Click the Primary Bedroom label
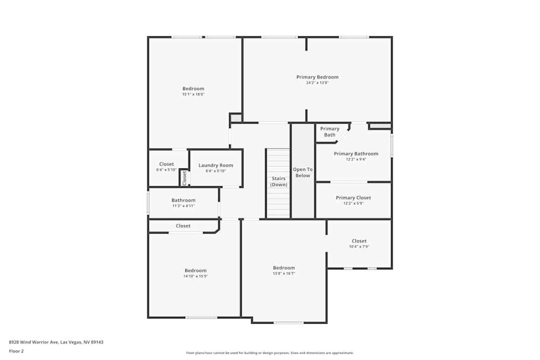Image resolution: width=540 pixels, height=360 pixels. point(318,77)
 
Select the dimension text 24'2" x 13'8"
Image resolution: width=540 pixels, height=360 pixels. point(318,83)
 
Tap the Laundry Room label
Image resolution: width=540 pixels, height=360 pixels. point(215,165)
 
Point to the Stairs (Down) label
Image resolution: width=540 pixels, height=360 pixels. point(279,181)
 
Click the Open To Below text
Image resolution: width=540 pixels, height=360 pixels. point(302,172)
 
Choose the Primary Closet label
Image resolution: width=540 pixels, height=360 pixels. point(353,198)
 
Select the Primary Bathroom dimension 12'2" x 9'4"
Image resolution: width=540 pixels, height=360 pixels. point(356,159)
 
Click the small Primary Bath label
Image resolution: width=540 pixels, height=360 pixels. point(329,132)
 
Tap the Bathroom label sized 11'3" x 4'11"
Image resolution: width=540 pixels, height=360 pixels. point(183,200)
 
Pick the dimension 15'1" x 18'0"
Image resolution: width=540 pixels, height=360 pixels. point(193,94)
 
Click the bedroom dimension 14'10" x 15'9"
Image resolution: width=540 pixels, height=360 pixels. point(195,276)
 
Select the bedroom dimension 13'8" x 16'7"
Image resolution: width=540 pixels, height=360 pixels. point(284,274)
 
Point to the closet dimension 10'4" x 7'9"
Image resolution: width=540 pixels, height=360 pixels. point(359,247)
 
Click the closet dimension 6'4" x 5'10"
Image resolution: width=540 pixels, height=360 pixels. point(166,170)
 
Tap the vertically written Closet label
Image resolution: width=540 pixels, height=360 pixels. point(184,178)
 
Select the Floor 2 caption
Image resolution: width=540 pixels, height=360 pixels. point(16,351)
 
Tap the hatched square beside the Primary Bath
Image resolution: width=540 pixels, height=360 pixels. point(380,126)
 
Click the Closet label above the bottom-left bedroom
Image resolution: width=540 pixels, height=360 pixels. point(183,226)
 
